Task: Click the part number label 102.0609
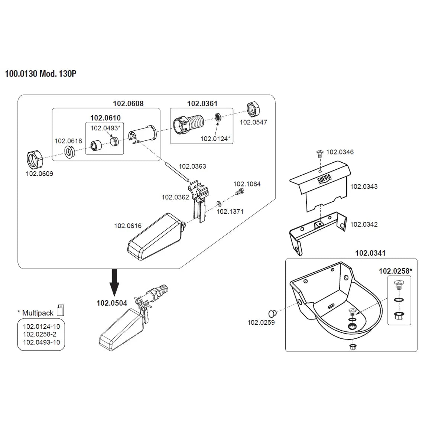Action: click(39, 173)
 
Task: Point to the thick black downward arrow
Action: click(115, 282)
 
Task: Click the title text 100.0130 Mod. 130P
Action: click(40, 74)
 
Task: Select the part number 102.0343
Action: click(364, 186)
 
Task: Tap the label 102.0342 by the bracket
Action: click(364, 224)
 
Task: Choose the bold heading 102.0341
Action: click(370, 253)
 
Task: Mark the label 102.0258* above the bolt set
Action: click(395, 271)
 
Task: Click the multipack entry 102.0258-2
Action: click(40, 334)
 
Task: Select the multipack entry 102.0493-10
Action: click(41, 342)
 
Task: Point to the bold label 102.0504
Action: click(112, 303)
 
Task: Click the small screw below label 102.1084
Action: click(239, 192)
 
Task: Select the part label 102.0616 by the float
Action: click(128, 226)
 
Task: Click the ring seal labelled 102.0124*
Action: click(218, 117)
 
